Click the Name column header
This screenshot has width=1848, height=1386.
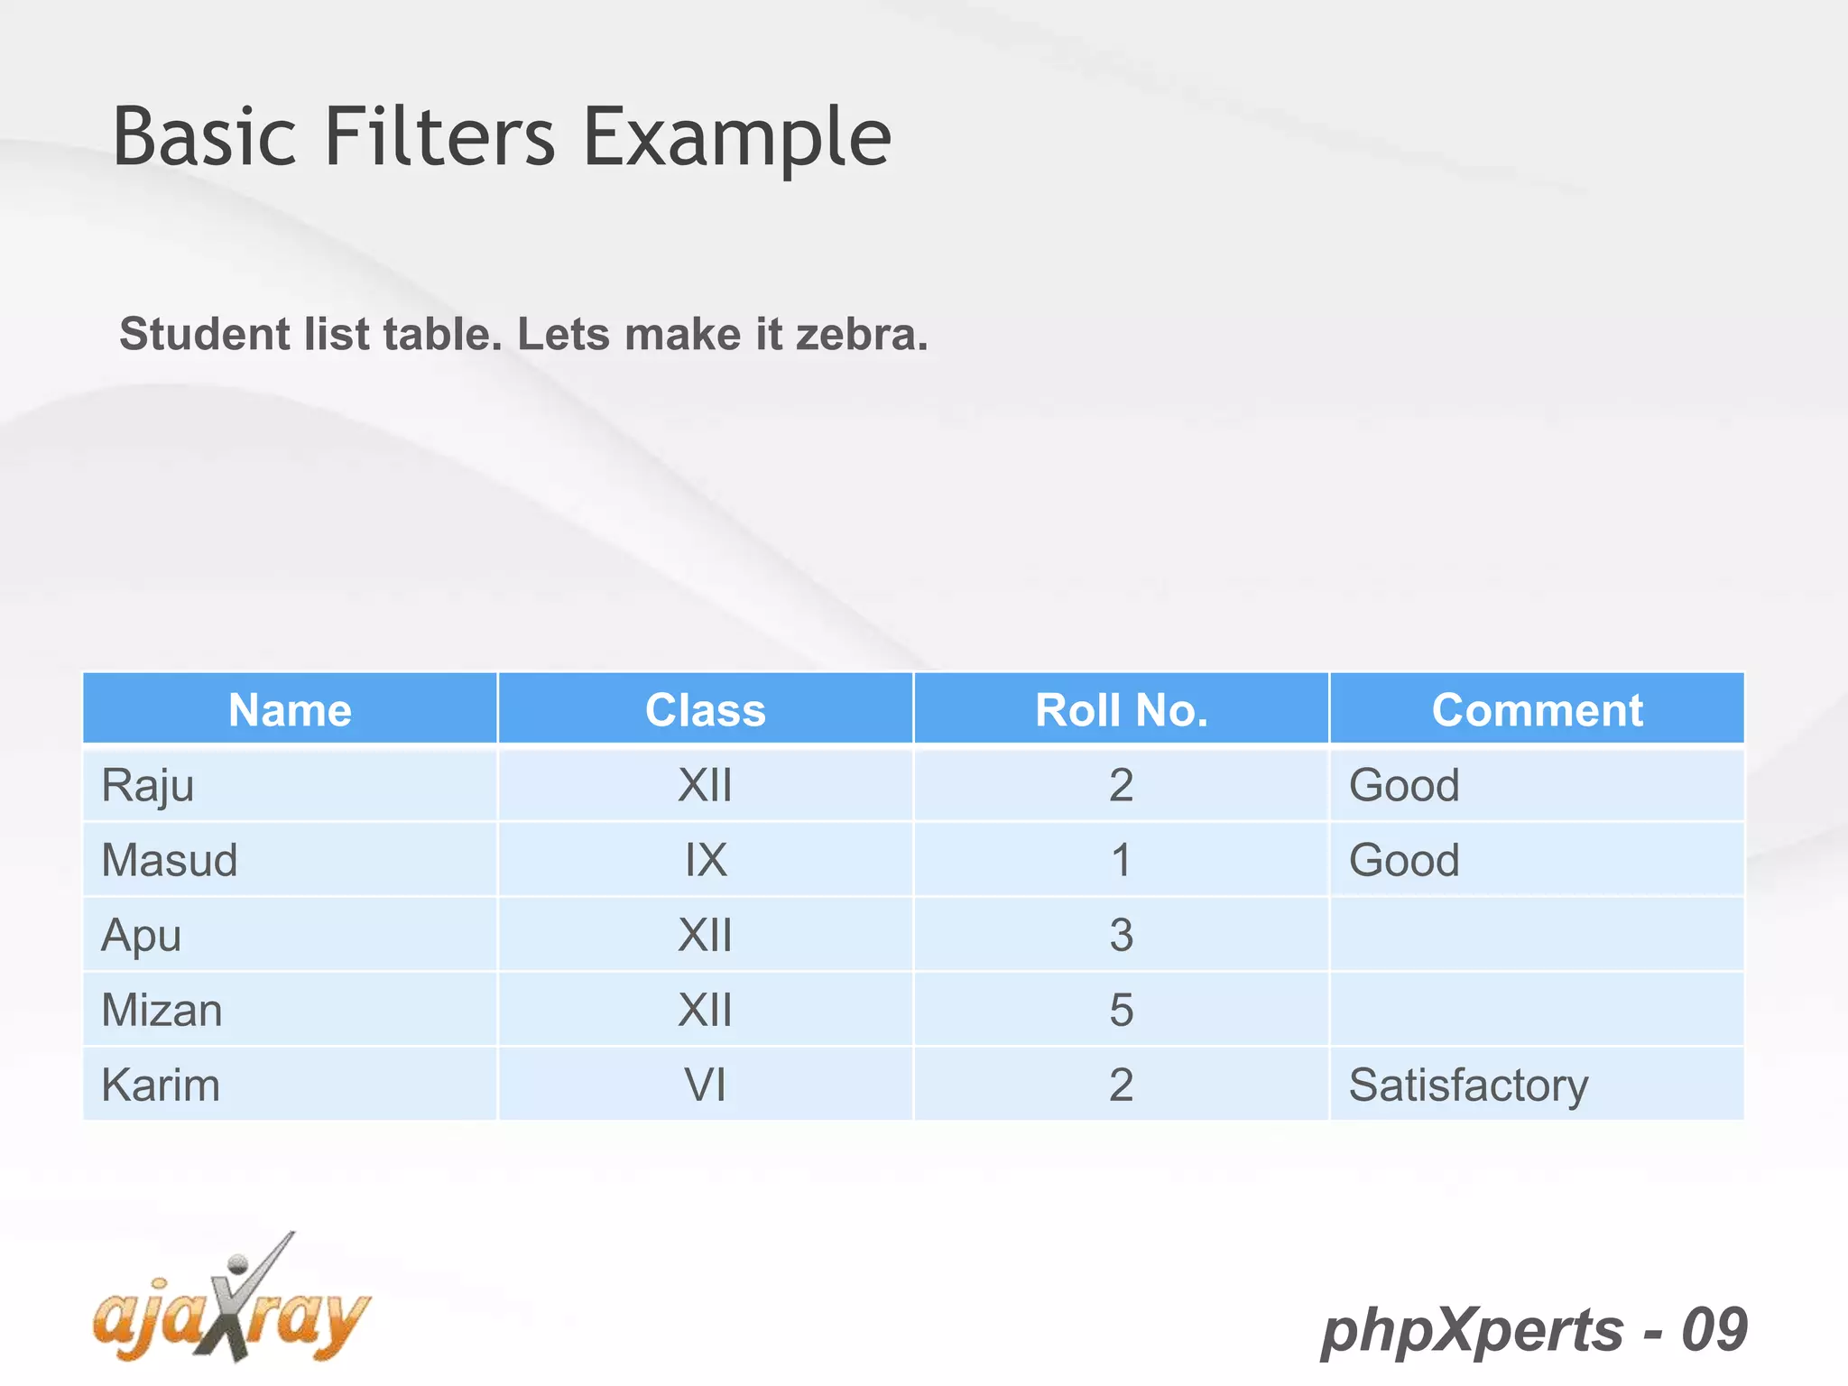290,710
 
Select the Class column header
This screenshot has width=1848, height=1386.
706,710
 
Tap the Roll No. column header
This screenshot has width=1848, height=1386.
1121,710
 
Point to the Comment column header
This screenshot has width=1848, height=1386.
1537,710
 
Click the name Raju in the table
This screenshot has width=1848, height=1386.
148,785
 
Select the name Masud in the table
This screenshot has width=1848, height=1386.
170,860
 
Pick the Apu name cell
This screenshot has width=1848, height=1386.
142,935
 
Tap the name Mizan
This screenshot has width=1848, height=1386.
162,1010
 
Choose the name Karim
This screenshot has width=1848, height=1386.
161,1085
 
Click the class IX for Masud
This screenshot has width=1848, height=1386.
706,860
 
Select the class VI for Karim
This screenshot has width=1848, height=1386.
706,1085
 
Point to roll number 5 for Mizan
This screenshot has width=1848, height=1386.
1121,1010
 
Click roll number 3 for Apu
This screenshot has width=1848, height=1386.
1121,935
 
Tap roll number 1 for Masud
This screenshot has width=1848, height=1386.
1121,860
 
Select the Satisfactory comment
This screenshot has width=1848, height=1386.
1468,1085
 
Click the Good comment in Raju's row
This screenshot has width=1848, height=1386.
1404,785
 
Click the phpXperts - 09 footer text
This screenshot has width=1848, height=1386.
1534,1330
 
